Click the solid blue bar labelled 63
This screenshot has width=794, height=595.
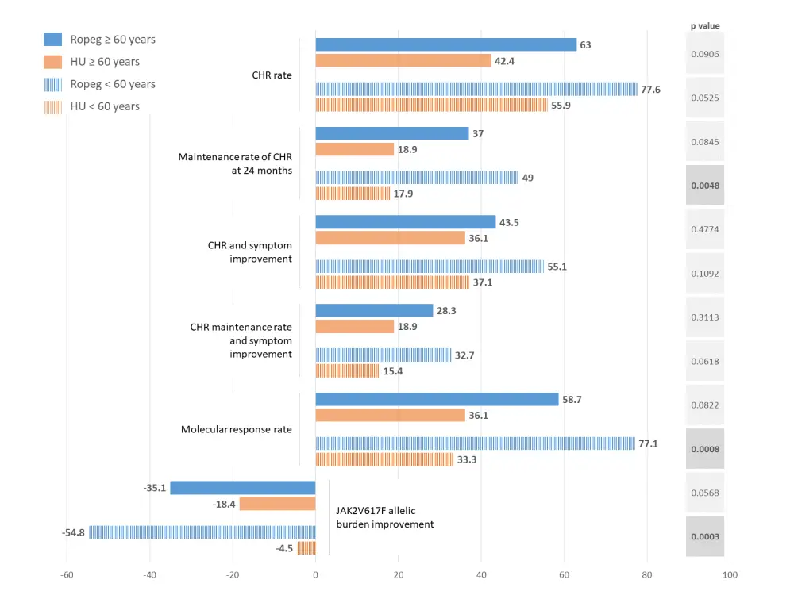tap(445, 45)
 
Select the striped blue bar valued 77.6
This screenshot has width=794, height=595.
tap(476, 90)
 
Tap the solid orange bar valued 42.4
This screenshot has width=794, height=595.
tap(403, 60)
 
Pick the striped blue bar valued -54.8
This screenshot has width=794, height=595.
tap(202, 532)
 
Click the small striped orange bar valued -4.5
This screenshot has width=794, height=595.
tap(306, 547)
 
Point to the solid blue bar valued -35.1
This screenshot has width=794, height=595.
tap(242, 488)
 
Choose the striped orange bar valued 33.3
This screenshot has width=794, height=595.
tap(384, 459)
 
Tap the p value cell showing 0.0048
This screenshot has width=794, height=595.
tap(704, 186)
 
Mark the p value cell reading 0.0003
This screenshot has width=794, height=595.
tap(704, 537)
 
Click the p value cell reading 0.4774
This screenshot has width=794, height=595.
tap(704, 229)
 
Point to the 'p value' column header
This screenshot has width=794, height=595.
tap(704, 26)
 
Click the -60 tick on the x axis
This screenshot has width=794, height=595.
tap(67, 575)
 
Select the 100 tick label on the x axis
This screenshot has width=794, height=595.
tap(730, 575)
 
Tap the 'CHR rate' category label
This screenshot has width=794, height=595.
tap(272, 75)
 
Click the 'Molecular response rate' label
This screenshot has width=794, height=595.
tap(236, 430)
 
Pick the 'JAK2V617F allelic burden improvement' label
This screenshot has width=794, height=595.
tap(385, 517)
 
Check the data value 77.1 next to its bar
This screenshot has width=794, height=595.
tap(649, 444)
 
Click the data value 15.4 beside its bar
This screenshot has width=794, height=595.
tap(393, 370)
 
